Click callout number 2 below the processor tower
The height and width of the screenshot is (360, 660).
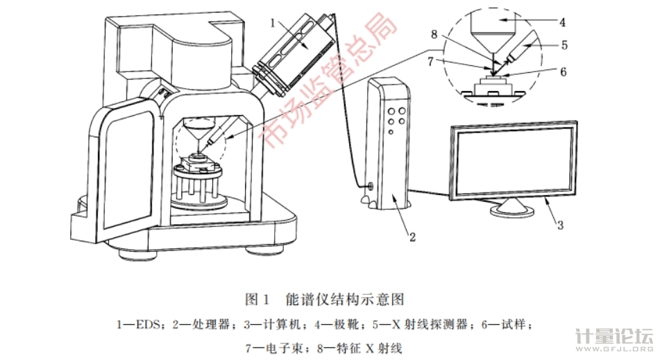[x=412, y=237]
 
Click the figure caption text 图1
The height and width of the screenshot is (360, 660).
[x=257, y=300]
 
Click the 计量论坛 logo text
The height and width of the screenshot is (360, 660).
[x=613, y=338]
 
